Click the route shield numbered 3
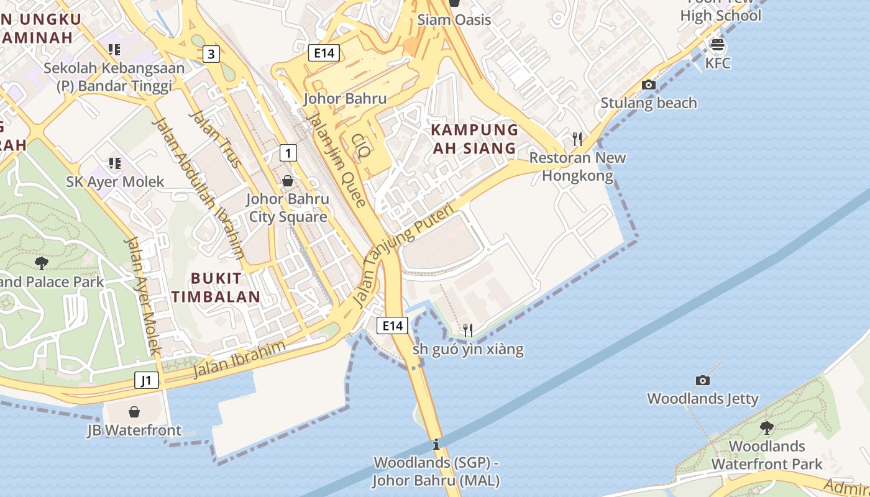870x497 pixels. pyautogui.click(x=211, y=54)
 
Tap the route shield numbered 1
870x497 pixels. pyautogui.click(x=288, y=152)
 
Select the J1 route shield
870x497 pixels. pyautogui.click(x=147, y=380)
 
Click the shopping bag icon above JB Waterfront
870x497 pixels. pyautogui.click(x=134, y=411)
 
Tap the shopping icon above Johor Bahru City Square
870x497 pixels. pyautogui.click(x=288, y=181)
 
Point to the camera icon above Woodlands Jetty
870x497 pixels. pyautogui.click(x=703, y=380)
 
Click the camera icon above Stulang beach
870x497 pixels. pyautogui.click(x=649, y=84)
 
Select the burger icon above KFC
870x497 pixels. pyautogui.click(x=718, y=45)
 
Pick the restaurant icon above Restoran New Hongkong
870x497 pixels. pyautogui.click(x=577, y=139)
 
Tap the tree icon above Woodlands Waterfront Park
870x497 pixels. pyautogui.click(x=767, y=427)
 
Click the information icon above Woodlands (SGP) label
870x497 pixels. pyautogui.click(x=436, y=444)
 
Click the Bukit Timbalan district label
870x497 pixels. pyautogui.click(x=216, y=287)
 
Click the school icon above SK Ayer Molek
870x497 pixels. pyautogui.click(x=115, y=163)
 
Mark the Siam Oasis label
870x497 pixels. pyautogui.click(x=454, y=19)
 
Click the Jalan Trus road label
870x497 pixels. pyautogui.click(x=215, y=139)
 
